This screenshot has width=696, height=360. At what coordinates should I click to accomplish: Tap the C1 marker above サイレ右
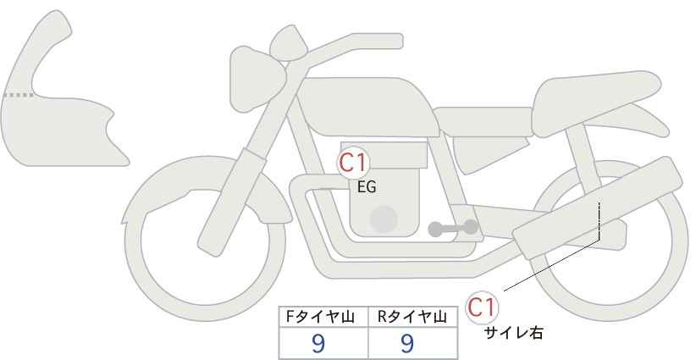(x=483, y=307)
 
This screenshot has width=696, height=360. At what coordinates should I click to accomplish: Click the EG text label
(x=367, y=188)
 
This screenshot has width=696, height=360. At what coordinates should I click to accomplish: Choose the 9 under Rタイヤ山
(x=407, y=342)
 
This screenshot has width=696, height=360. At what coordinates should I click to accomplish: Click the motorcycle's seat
(x=593, y=93)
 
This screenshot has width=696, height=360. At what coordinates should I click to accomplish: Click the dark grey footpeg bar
(x=452, y=228)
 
